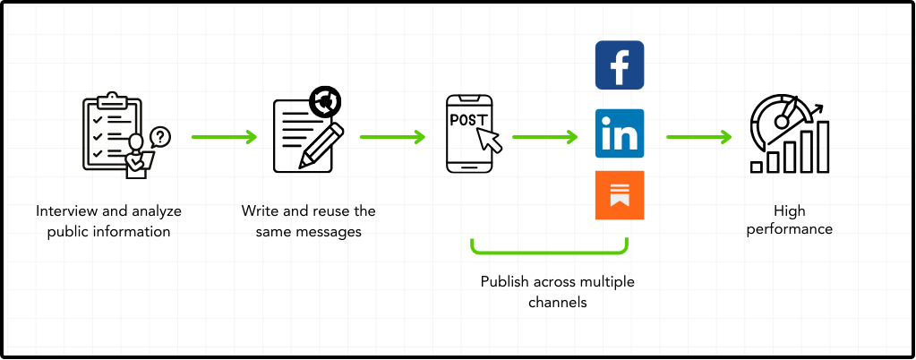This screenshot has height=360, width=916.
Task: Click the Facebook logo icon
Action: (x=620, y=65)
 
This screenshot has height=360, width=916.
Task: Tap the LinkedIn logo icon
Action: (x=620, y=133)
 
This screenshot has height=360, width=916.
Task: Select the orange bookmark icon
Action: (x=620, y=194)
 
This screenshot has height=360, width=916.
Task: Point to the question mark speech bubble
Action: (x=160, y=136)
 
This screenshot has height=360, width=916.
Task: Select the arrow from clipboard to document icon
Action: (x=224, y=138)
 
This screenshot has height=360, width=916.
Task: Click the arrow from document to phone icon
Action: (x=392, y=138)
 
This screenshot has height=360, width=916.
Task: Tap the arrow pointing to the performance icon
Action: (x=698, y=138)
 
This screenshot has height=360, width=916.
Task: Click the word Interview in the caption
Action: (x=64, y=211)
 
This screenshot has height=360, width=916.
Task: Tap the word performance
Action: (x=790, y=229)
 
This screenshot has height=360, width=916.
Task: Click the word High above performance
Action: (x=790, y=211)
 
